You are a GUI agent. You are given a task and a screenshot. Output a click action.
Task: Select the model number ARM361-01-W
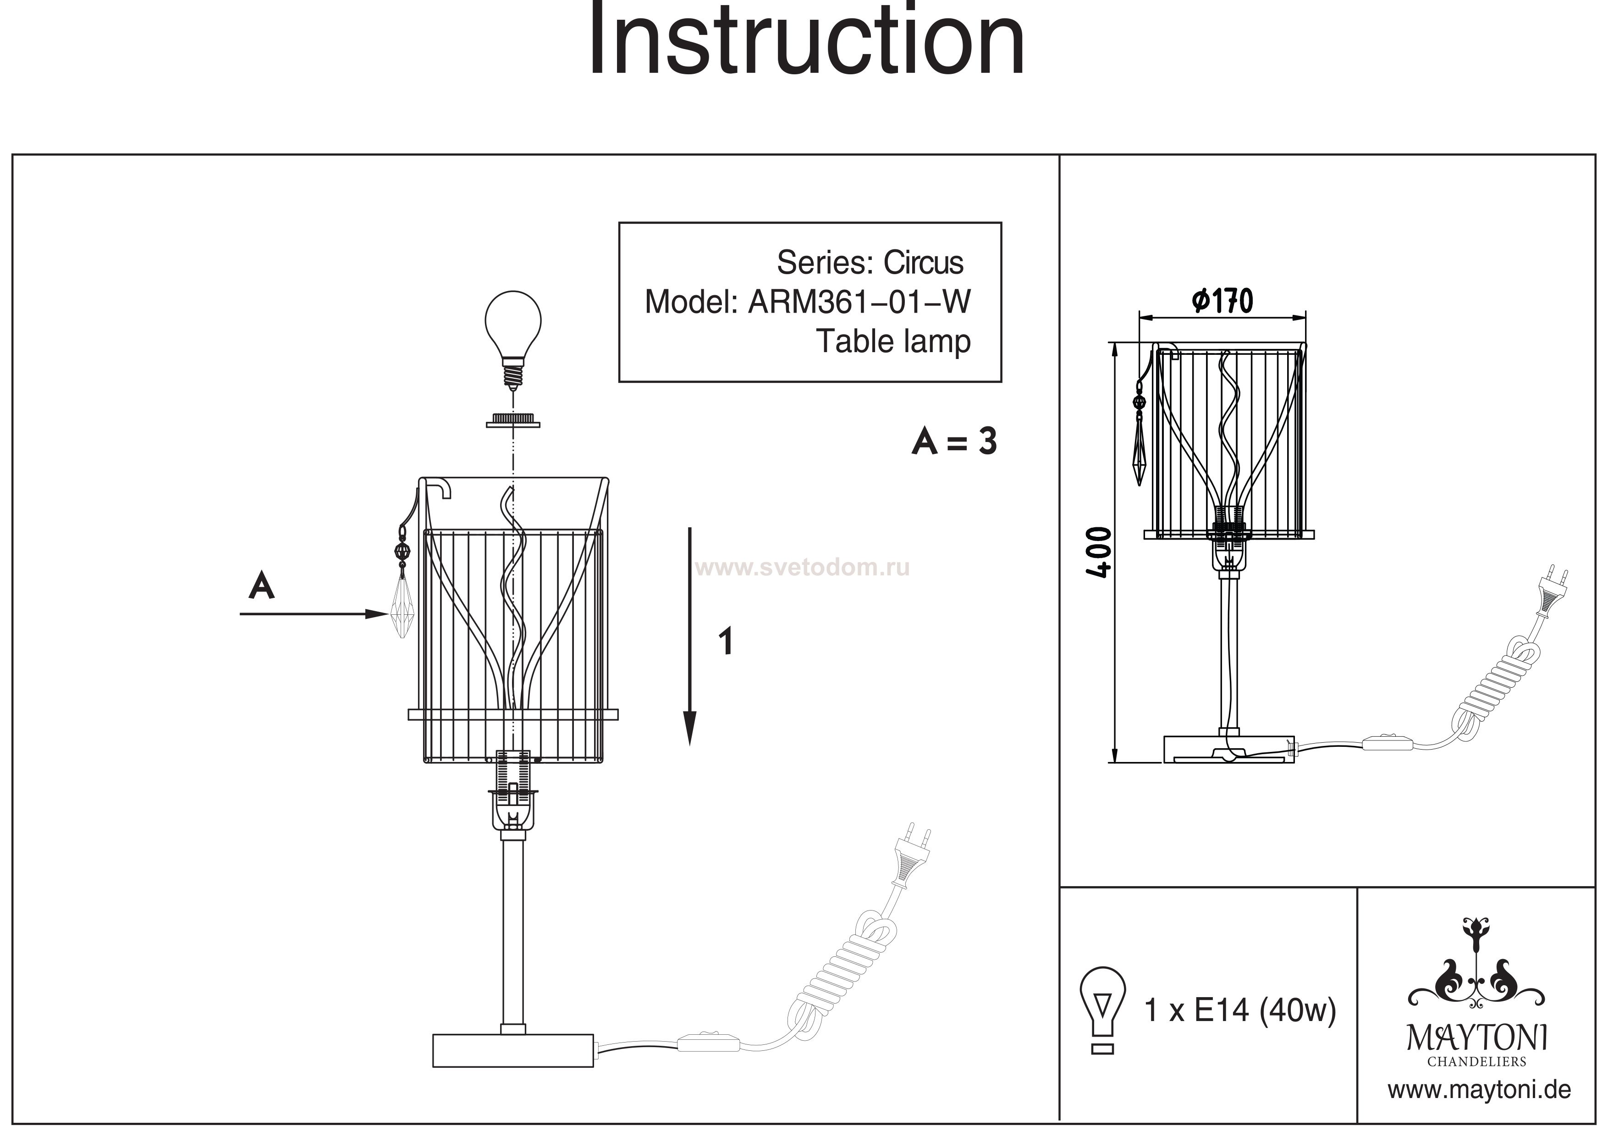point(859,302)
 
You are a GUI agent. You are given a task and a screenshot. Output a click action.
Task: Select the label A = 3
point(954,442)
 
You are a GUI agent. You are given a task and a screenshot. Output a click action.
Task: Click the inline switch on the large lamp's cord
point(709,1043)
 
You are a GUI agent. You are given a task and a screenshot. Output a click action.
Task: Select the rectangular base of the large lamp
point(512,1051)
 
